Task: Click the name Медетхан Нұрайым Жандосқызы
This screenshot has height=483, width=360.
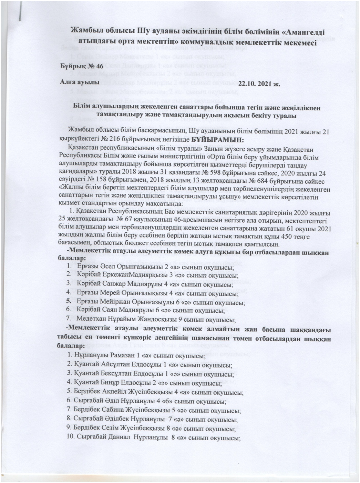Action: (124, 319)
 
